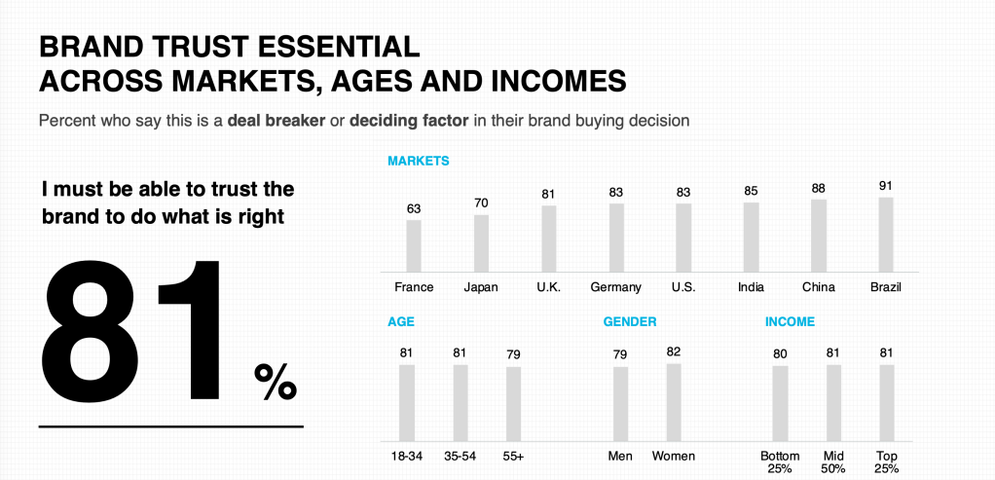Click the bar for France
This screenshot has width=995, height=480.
click(414, 245)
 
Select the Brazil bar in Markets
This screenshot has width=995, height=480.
click(885, 234)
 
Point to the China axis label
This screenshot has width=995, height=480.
click(818, 287)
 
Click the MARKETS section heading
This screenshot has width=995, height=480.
click(418, 161)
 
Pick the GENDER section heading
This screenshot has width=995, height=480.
click(629, 321)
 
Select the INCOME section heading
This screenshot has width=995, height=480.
click(790, 321)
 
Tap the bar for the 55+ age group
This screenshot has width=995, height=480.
click(513, 406)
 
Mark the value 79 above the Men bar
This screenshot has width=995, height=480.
click(620, 354)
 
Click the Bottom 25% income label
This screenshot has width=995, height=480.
click(780, 462)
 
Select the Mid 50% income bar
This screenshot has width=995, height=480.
click(832, 405)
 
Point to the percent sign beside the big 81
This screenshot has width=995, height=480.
click(275, 382)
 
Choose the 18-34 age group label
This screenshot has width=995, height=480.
click(407, 456)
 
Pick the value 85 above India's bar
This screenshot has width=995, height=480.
click(751, 191)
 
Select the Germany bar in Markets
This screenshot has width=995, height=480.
click(616, 237)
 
